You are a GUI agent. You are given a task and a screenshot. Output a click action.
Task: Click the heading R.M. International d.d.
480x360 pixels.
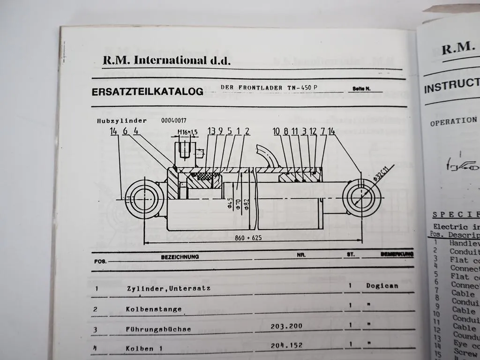[x=166, y=60]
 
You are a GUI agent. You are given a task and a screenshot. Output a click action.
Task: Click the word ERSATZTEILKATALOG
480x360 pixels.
[x=148, y=92]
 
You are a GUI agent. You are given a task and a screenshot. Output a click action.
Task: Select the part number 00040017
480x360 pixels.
[x=173, y=120]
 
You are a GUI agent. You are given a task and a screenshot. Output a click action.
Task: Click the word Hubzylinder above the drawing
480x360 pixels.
[x=122, y=120]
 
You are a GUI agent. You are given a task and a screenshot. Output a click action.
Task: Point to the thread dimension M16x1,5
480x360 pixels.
[x=187, y=132]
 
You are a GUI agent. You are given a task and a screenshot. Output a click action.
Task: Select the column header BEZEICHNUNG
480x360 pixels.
[x=180, y=257]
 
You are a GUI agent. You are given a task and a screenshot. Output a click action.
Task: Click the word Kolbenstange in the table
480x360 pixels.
[x=153, y=309]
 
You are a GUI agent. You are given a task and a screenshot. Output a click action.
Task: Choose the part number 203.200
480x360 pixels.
[x=286, y=326]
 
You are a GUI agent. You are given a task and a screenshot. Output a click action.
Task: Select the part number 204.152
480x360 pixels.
[x=286, y=345]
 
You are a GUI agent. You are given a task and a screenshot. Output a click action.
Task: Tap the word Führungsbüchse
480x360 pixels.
[x=158, y=329]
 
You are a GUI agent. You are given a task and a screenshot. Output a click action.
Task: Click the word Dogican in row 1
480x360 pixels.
[x=382, y=285]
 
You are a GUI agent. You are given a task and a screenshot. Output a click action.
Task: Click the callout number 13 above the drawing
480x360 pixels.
[x=211, y=131]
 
